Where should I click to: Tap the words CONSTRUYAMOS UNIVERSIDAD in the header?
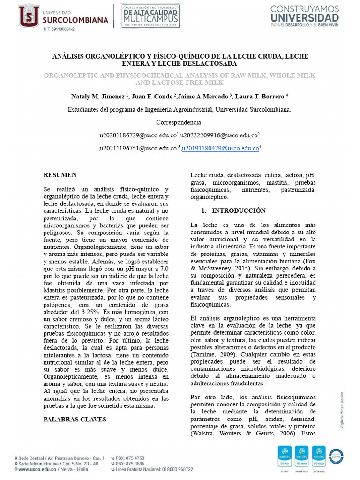pyautogui.click(x=305, y=13)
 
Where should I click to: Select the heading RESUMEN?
pyautogui.click(x=60, y=175)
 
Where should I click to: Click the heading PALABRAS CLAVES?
pyautogui.click(x=75, y=419)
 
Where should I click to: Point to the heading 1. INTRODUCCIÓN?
pyautogui.click(x=233, y=210)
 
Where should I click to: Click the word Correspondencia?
pyautogui.click(x=180, y=122)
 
